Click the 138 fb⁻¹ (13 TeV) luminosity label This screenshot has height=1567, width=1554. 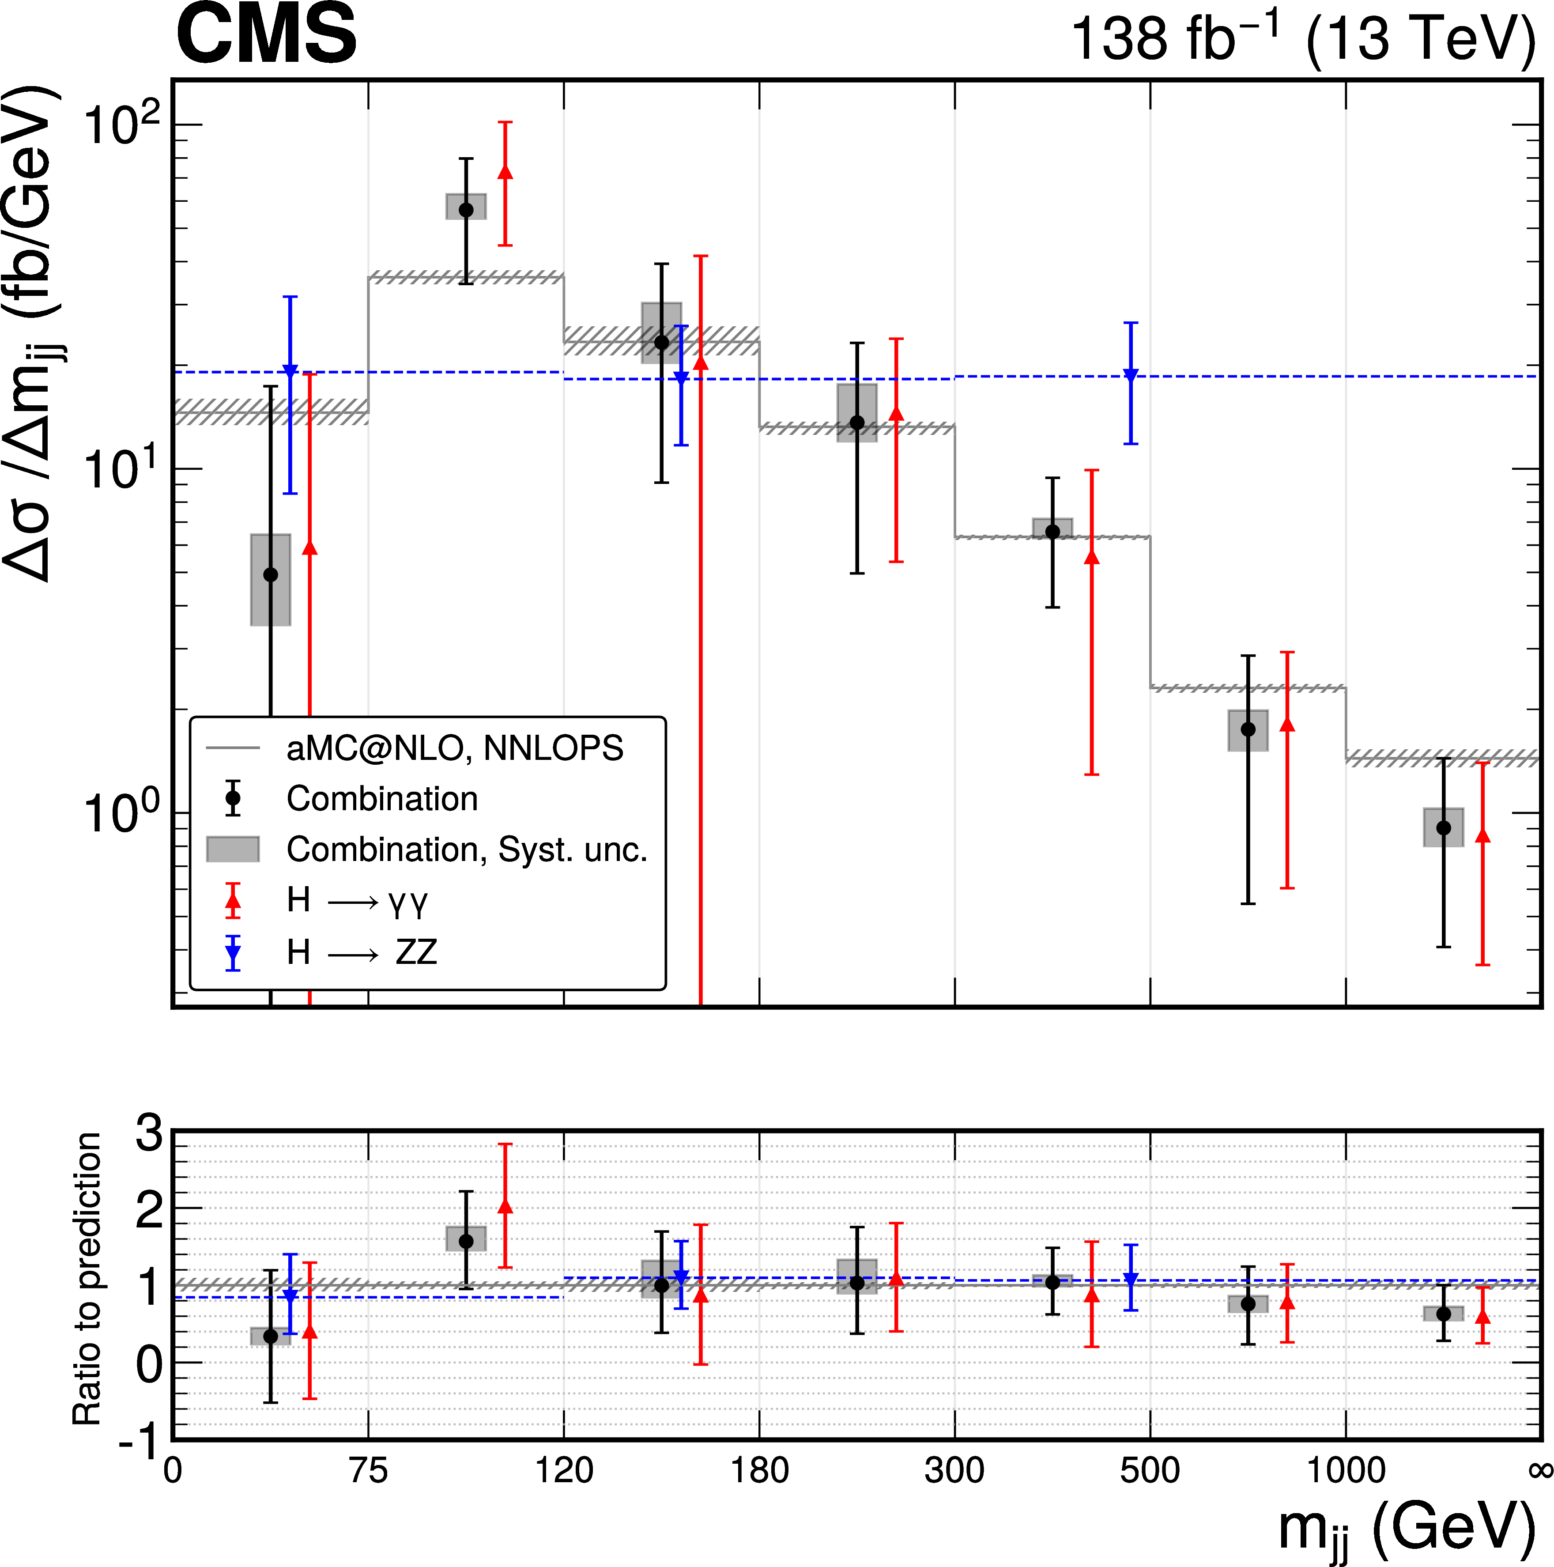tap(1302, 39)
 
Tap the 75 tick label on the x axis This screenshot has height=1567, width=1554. tap(368, 1470)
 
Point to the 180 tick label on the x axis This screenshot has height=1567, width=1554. tap(759, 1470)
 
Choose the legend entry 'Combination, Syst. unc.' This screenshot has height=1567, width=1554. tap(466, 849)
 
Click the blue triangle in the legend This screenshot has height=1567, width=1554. tap(233, 953)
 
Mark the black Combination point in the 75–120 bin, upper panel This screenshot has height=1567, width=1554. tap(466, 210)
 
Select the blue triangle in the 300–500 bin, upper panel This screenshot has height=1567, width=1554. tap(1131, 375)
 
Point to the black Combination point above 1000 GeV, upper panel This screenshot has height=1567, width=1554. tap(1443, 828)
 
